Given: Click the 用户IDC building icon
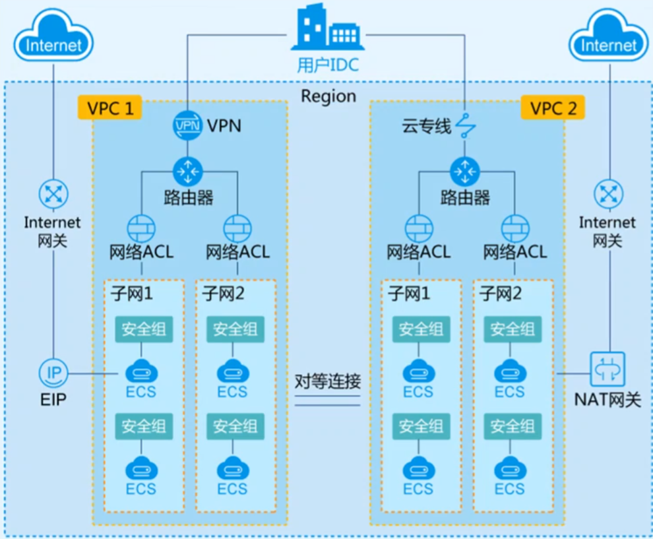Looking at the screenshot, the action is click(327, 27).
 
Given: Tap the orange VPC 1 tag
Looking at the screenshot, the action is click(110, 108).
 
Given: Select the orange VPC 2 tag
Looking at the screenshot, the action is click(553, 108).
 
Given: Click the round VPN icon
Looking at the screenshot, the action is click(187, 125).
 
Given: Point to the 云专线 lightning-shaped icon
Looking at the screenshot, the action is click(465, 125).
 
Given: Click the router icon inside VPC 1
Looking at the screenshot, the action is click(187, 172).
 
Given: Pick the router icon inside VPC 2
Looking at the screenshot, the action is click(465, 172).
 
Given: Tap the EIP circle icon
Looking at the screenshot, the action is click(53, 373).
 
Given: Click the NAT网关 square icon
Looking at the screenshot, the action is click(607, 369).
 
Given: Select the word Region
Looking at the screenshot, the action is click(328, 96).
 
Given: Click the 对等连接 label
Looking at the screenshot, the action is click(328, 381).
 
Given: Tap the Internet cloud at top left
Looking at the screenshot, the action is click(53, 36).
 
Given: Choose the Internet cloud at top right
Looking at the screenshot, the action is click(609, 36).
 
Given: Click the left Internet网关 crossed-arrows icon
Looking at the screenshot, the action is click(53, 194).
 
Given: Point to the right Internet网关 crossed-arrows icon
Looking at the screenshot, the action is click(609, 194).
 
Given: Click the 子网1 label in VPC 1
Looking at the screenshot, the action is click(132, 294).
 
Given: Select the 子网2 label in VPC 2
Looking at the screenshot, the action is click(501, 294).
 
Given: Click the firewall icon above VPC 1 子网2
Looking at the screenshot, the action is click(237, 229).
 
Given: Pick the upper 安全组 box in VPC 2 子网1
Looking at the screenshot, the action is click(421, 329).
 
